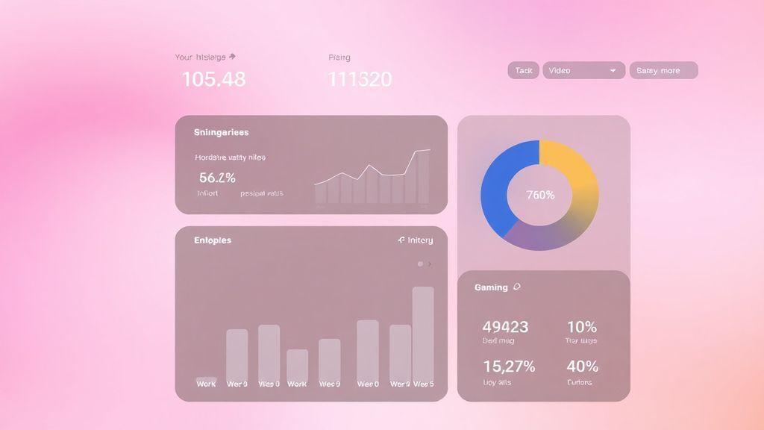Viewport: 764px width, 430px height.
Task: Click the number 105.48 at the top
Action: (213, 79)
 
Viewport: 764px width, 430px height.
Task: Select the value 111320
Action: (360, 79)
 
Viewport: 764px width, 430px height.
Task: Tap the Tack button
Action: (523, 70)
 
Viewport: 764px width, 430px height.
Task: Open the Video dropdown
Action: (583, 70)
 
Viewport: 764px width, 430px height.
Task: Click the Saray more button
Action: (663, 70)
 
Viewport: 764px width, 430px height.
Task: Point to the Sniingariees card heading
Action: (221, 132)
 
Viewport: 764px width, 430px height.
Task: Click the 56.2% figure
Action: (217, 178)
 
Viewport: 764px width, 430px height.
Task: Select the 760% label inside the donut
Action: (540, 195)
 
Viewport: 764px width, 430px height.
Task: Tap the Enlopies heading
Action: (213, 240)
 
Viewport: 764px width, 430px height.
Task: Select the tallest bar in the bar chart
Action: (423, 332)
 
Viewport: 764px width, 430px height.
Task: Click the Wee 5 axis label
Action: (423, 384)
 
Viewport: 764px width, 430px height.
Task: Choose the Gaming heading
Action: (491, 287)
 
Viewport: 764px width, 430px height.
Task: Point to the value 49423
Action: (505, 327)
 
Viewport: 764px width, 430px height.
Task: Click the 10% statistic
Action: (581, 327)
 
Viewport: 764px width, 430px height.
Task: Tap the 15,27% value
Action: (509, 367)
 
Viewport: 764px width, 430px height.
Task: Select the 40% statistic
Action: (582, 367)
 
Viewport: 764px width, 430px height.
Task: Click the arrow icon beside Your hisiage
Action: (232, 56)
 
